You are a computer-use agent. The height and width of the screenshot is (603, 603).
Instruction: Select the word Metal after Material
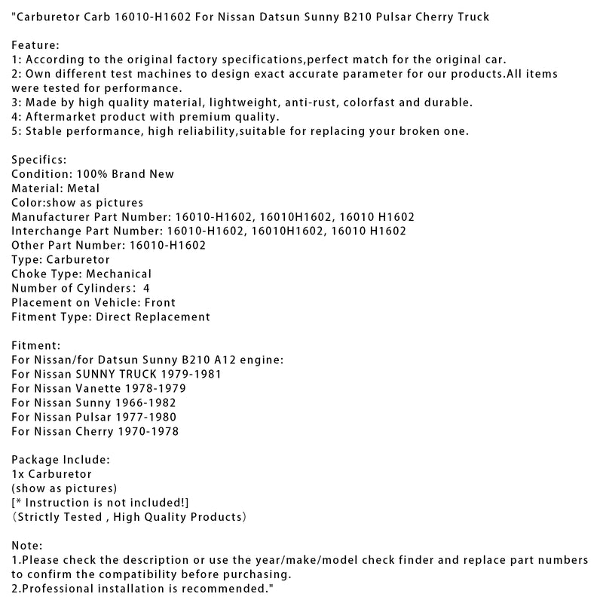(x=82, y=188)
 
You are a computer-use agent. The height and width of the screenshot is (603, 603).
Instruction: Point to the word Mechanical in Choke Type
(x=118, y=274)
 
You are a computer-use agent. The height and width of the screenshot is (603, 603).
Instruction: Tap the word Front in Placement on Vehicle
(x=160, y=303)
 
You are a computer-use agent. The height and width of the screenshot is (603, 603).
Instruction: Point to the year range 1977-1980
(x=150, y=418)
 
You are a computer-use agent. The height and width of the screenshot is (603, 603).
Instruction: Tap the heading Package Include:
(x=61, y=461)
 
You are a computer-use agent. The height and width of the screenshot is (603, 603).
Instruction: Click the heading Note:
(x=28, y=546)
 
